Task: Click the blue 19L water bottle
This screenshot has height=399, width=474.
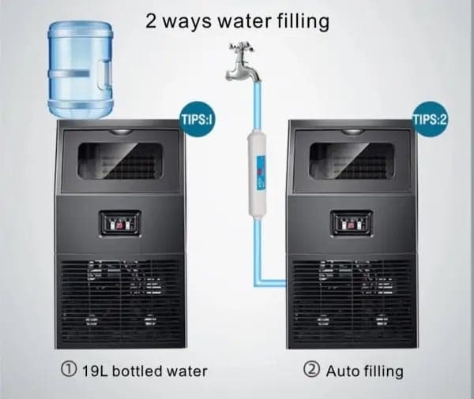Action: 80,69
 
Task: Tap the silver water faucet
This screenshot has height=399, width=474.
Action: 242,63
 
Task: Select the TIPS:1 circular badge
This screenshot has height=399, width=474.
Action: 197,119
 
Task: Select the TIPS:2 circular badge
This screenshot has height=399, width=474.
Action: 431,119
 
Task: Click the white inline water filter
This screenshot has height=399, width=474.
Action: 258,174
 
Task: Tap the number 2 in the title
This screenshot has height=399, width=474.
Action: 151,21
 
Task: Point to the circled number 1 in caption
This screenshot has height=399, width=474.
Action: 69,369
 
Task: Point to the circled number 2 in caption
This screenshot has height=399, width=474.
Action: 311,369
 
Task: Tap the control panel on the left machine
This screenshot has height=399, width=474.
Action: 121,224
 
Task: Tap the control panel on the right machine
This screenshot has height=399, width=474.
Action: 352,224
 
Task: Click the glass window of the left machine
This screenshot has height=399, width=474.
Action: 120,160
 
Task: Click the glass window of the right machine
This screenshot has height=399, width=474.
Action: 352,160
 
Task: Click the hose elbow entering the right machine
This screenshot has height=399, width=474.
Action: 258,283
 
